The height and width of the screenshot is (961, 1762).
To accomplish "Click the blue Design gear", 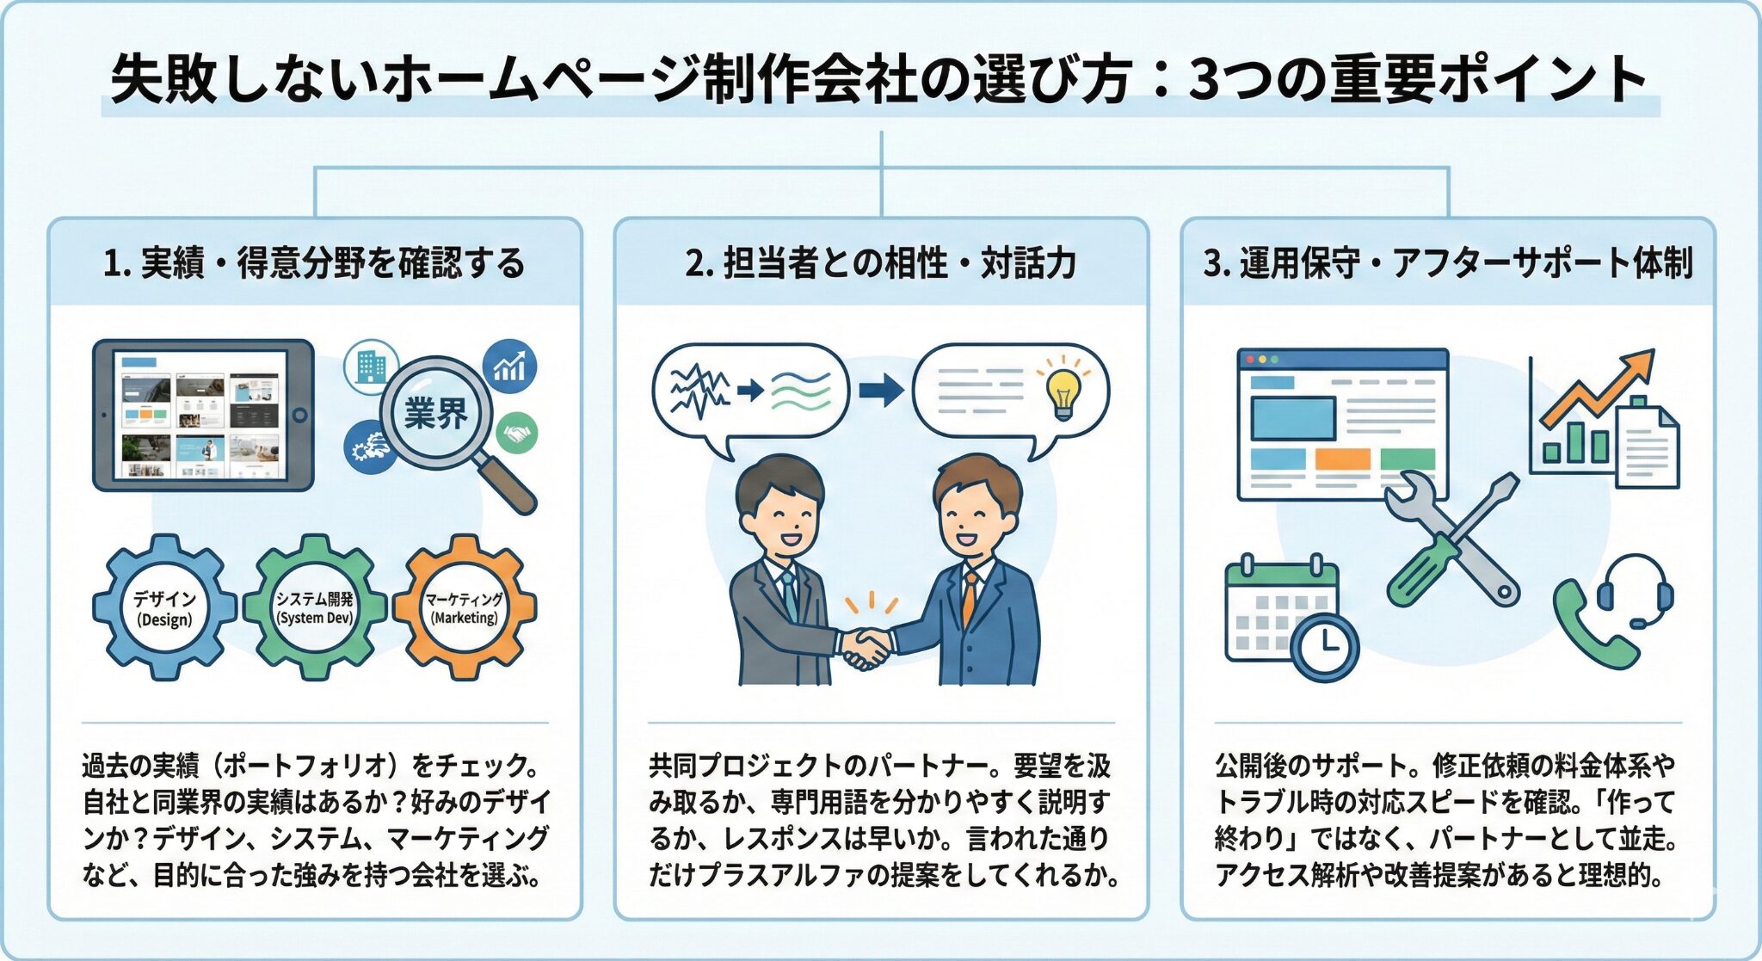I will click(163, 607).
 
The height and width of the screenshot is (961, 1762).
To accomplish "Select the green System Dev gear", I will click(314, 607).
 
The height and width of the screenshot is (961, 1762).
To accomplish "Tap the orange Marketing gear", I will click(465, 607).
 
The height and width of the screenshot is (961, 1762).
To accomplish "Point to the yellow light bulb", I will click(1063, 391).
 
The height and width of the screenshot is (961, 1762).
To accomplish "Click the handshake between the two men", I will click(866, 646).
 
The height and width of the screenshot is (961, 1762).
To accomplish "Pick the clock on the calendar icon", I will click(1325, 645).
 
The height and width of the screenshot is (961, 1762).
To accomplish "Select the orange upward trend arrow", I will click(1600, 387).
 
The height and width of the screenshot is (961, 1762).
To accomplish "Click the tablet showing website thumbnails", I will click(203, 415).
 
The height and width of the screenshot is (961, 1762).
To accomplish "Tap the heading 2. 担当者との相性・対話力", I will click(881, 262).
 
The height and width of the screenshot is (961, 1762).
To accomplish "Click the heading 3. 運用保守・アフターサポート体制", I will click(1448, 262).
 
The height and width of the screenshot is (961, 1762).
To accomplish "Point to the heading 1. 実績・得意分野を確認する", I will click(314, 262).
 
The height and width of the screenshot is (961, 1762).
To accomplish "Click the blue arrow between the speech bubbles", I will click(881, 390).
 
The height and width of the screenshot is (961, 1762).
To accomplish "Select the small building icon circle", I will click(370, 367).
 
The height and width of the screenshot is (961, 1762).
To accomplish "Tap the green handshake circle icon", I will click(516, 433).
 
